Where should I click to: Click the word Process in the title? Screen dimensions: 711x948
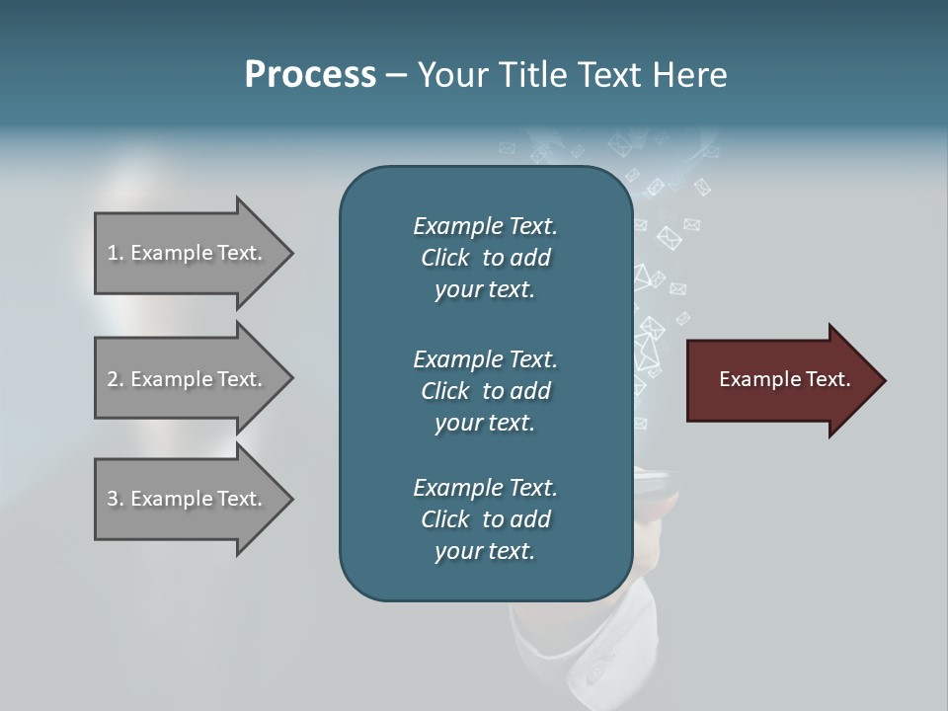310,75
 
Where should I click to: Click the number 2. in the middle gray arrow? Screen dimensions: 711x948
116,379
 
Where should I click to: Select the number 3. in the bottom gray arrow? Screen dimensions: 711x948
116,499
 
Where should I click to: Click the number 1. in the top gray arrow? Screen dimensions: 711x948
116,253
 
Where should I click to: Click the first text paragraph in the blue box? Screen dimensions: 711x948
485,258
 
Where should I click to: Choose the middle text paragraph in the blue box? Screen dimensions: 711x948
485,391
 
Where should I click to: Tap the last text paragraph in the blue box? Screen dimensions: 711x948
485,519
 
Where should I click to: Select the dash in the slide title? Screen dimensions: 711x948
396,76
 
